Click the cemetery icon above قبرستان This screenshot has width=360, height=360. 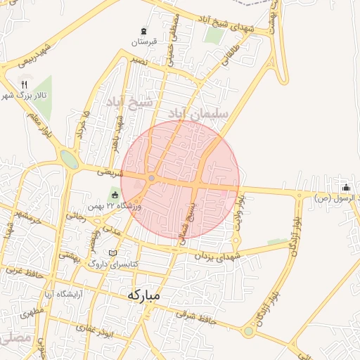click(144, 32)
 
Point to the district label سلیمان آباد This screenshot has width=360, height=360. click(196, 113)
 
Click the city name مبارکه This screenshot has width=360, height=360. click(144, 295)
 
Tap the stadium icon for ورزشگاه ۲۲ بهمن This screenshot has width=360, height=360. click(115, 195)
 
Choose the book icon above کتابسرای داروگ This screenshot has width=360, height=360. click(113, 252)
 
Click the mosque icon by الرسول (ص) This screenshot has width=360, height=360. click(346, 188)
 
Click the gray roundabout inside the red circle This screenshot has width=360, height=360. click(151, 178)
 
